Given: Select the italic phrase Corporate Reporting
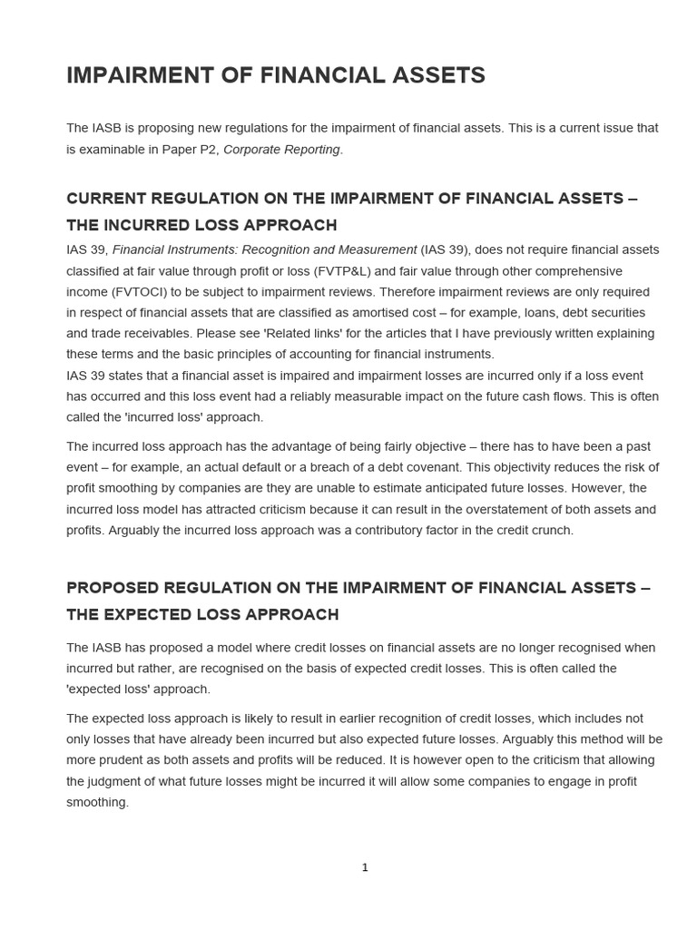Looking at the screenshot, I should tap(282, 150).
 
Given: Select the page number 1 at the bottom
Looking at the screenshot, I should tap(365, 867).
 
